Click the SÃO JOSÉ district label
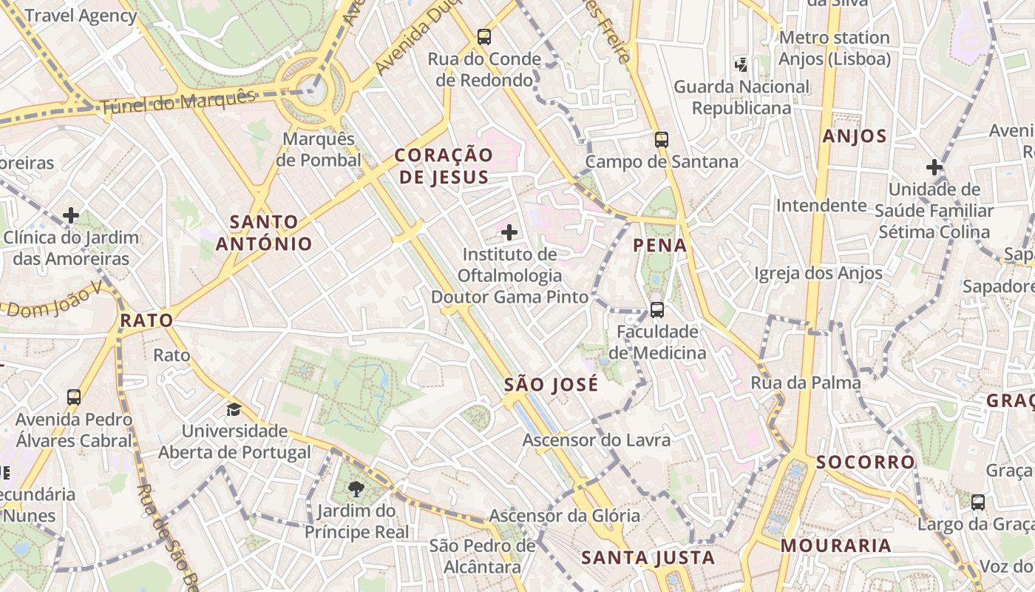pyautogui.click(x=551, y=385)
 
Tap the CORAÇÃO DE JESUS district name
pyautogui.click(x=443, y=166)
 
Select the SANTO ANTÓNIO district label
pyautogui.click(x=264, y=232)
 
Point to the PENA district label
pyautogui.click(x=660, y=245)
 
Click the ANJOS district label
pyautogui.click(x=854, y=136)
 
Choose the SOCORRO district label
pyautogui.click(x=866, y=462)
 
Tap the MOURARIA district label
pyautogui.click(x=835, y=546)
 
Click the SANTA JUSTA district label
pyautogui.click(x=648, y=557)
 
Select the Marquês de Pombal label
pyautogui.click(x=319, y=149)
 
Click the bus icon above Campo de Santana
pyautogui.click(x=662, y=139)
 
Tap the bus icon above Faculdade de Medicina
pyautogui.click(x=657, y=309)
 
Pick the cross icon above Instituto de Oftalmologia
pyautogui.click(x=509, y=233)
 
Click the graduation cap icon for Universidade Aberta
pyautogui.click(x=234, y=409)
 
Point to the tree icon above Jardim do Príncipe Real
pyautogui.click(x=356, y=488)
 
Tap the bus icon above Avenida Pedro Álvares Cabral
pyautogui.click(x=74, y=397)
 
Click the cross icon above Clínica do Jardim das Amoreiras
pyautogui.click(x=71, y=215)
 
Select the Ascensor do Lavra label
pyautogui.click(x=597, y=440)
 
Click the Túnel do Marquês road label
pyautogui.click(x=177, y=102)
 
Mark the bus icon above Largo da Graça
pyautogui.click(x=978, y=502)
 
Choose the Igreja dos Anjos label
pyautogui.click(x=818, y=274)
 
